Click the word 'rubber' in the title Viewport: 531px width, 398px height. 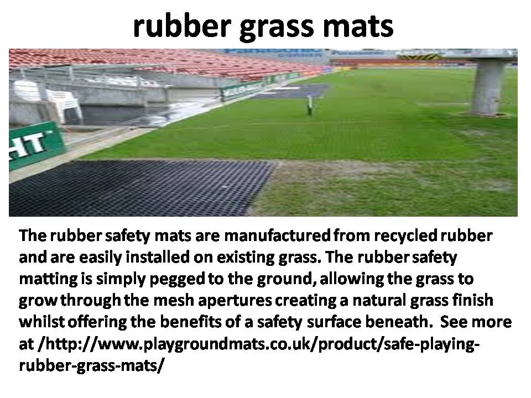[x=183, y=27]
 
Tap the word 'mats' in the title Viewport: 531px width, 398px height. [x=358, y=27]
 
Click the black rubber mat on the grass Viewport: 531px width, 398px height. [x=139, y=188]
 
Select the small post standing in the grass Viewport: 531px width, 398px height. [x=309, y=106]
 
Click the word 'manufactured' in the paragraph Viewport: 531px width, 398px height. [x=277, y=235]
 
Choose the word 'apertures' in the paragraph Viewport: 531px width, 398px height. [x=235, y=301]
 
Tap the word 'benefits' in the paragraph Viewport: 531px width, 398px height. [x=191, y=322]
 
